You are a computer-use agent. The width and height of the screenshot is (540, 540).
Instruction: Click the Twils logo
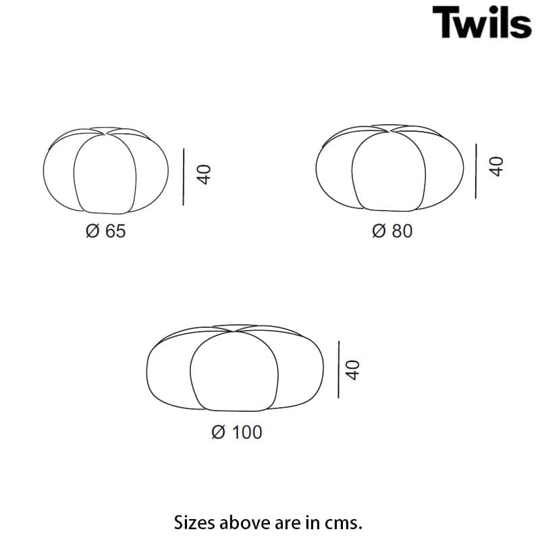point(481,22)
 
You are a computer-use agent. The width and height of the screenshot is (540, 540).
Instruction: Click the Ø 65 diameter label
point(106,231)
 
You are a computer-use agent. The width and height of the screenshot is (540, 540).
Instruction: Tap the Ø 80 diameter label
point(391,231)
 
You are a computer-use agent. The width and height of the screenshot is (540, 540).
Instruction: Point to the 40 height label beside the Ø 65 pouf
point(204,175)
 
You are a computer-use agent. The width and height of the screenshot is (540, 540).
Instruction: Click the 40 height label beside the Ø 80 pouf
point(496,167)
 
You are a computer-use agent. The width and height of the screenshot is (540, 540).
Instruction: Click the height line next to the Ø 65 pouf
point(183,176)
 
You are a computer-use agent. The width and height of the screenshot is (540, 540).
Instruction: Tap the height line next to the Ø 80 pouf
point(475,169)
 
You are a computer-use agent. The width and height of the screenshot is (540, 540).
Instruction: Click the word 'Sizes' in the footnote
point(192,522)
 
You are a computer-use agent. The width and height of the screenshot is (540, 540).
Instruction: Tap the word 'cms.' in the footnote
point(347,522)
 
